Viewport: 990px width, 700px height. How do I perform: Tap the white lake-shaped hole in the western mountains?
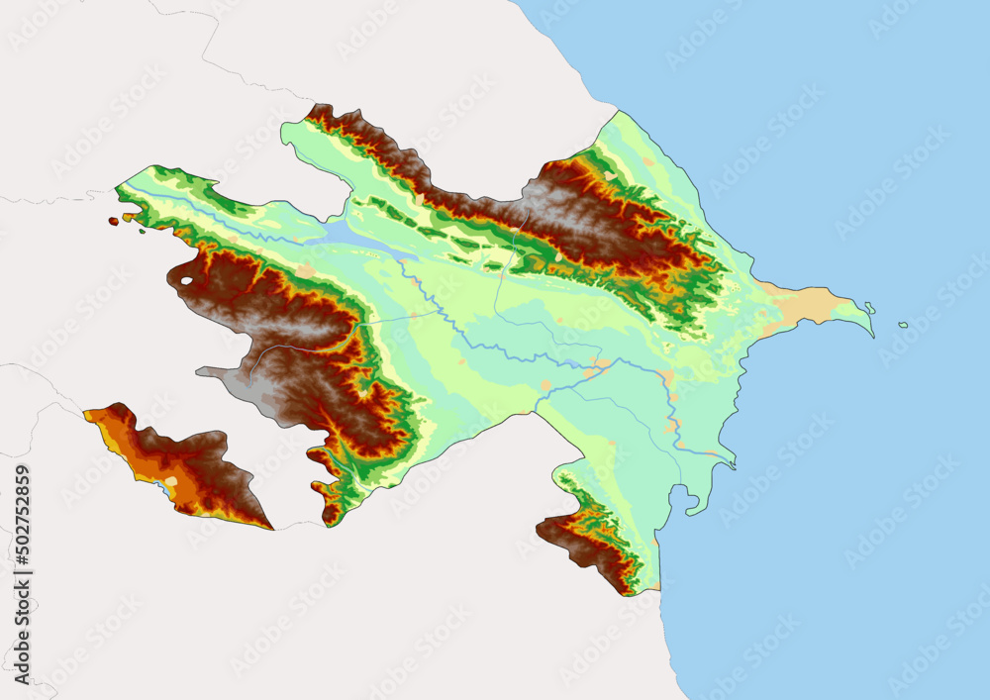(x=186, y=281)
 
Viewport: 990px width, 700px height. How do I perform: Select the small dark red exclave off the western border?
(x=114, y=221)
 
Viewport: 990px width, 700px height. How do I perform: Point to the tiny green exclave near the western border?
(x=143, y=233)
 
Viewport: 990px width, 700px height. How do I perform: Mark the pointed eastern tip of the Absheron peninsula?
(x=872, y=335)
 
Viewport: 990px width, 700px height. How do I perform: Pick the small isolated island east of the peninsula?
(x=903, y=325)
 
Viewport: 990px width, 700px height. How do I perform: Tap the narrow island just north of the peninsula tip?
(x=868, y=307)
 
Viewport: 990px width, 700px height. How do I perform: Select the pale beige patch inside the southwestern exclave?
(x=172, y=482)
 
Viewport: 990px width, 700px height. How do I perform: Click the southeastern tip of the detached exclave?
(x=271, y=528)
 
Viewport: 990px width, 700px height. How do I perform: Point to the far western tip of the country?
(x=117, y=187)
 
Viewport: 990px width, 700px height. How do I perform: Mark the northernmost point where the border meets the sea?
(x=619, y=111)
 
